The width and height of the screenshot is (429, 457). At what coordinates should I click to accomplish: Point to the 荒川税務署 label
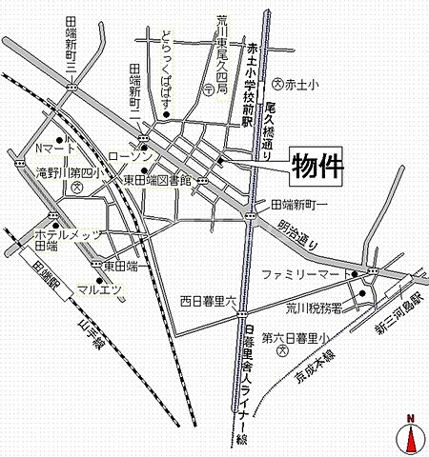pos(315,308)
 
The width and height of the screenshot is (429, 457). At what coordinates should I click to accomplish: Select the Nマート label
pos(54,149)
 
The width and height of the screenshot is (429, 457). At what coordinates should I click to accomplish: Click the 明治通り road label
pos(299,232)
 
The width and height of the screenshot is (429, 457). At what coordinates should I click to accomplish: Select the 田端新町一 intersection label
pos(299,204)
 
